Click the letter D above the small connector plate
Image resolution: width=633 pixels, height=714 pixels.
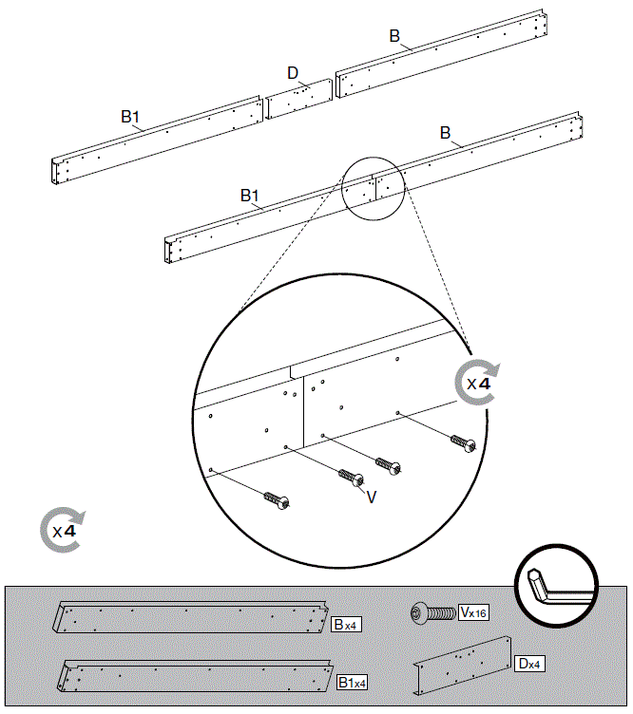[x=294, y=73]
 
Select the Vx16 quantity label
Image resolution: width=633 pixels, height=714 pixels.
[x=473, y=613]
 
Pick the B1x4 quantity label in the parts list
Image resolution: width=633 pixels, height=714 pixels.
[x=352, y=682]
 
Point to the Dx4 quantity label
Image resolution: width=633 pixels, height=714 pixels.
[x=527, y=664]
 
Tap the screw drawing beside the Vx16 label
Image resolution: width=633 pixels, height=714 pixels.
[x=432, y=614]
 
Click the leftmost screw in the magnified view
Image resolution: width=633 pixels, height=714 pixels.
[x=275, y=498]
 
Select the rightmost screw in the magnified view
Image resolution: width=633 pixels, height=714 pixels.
[x=463, y=442]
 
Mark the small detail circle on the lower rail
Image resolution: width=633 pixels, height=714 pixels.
[x=374, y=188]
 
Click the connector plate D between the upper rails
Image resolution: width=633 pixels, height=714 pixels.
[x=298, y=98]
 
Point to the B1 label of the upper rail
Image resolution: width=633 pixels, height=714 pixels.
[x=130, y=117]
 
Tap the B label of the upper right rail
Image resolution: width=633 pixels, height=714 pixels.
[x=394, y=36]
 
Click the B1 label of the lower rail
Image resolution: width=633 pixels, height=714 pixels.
[x=250, y=195]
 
